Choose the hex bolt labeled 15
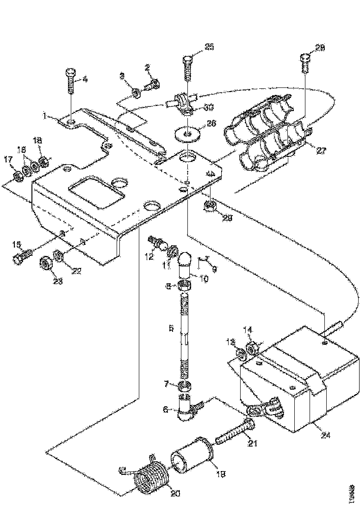coord(22,254)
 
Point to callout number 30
coord(208,107)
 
